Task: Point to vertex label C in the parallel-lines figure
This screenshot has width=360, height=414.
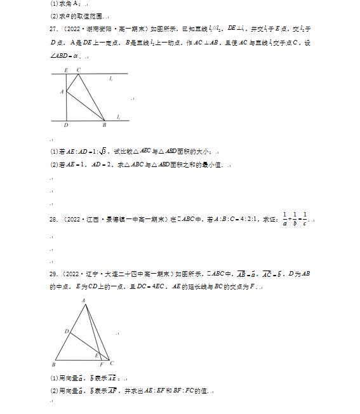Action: pyautogui.click(x=78, y=69)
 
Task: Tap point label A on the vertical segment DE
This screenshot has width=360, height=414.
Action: pyautogui.click(x=62, y=91)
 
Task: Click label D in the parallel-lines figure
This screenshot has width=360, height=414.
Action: pyautogui.click(x=66, y=125)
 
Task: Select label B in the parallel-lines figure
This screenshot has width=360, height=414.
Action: pyautogui.click(x=104, y=125)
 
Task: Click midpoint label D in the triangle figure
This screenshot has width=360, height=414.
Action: pyautogui.click(x=66, y=331)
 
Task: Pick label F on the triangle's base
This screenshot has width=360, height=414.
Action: pyautogui.click(x=101, y=364)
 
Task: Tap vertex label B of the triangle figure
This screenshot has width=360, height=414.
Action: pyautogui.click(x=55, y=364)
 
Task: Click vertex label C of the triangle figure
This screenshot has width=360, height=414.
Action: pyautogui.click(x=112, y=363)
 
